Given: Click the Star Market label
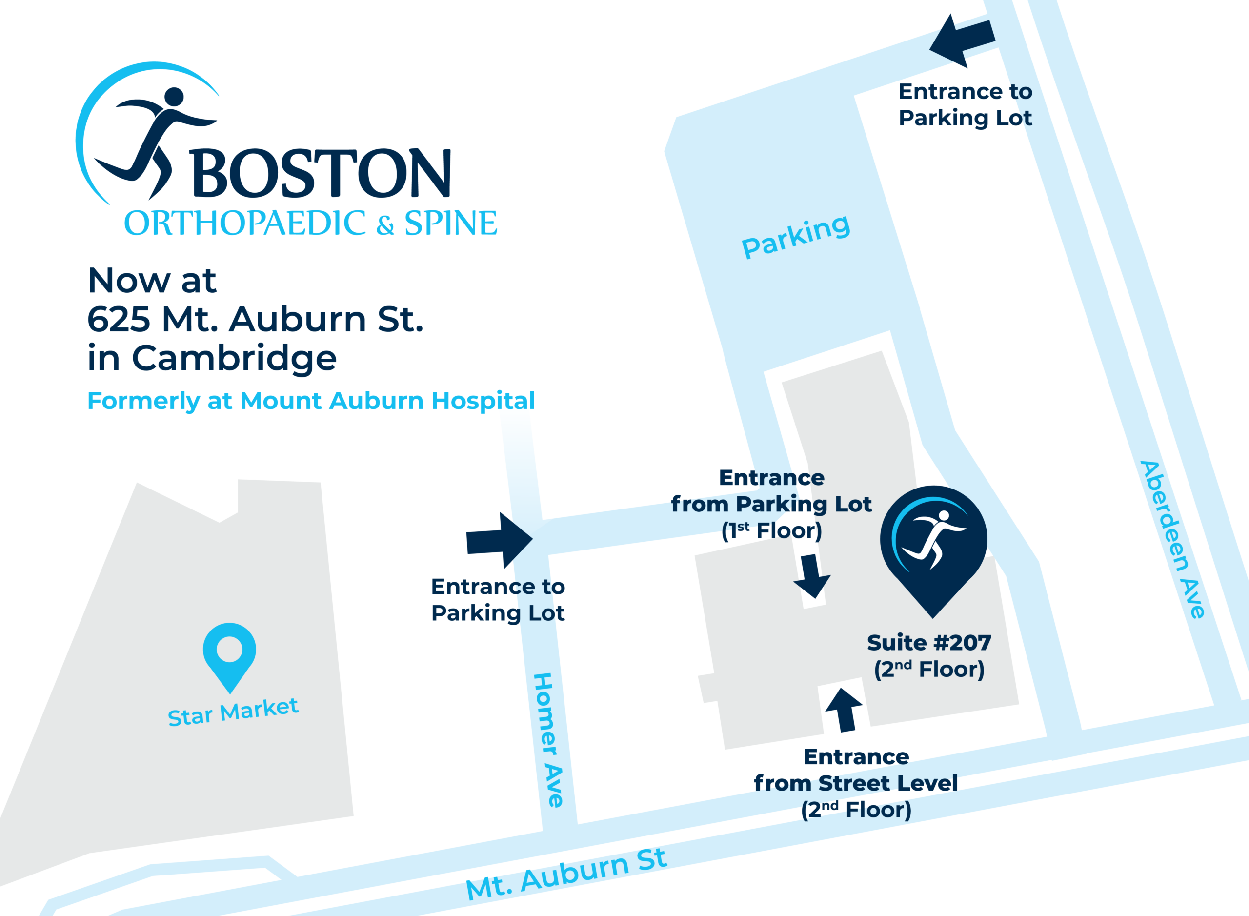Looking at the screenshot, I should click(233, 712).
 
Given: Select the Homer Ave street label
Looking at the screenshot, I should click(548, 740).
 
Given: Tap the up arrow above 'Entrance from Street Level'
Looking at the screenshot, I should click(844, 710).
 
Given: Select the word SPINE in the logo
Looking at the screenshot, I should click(450, 224).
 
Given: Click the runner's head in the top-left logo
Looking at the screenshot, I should click(174, 97).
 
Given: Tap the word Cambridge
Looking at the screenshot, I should click(234, 358).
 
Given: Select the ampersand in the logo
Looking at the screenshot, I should click(385, 225).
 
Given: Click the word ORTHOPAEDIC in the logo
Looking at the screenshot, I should click(244, 224).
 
